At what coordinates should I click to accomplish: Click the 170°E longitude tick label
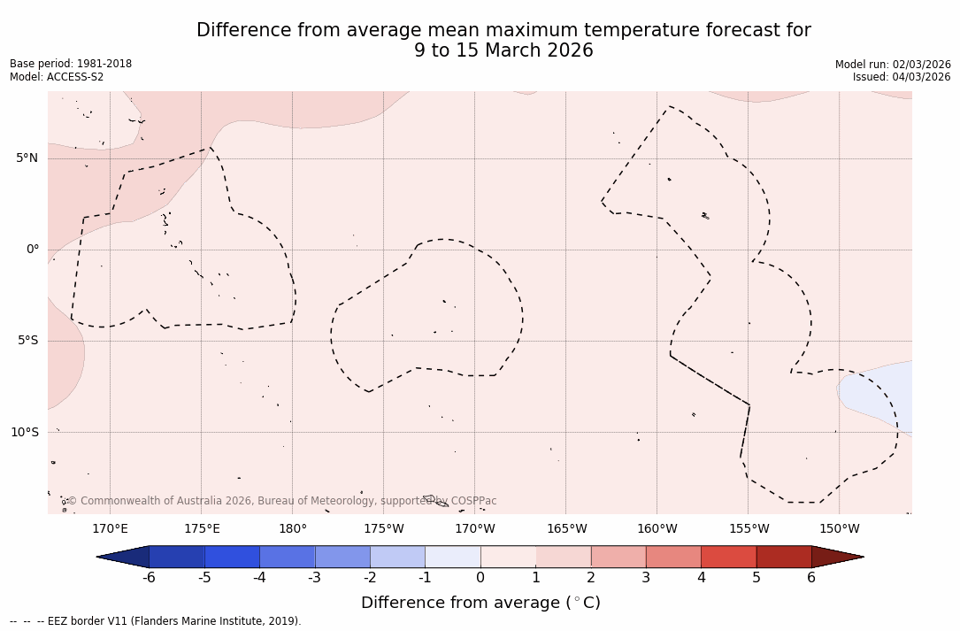110,529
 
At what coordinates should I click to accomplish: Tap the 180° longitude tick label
293,529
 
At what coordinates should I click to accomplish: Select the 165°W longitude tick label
566,529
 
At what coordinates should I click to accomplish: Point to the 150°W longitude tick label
840,529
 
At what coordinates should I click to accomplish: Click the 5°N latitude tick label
27,158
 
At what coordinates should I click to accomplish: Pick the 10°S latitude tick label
24,433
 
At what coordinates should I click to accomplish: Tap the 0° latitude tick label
32,250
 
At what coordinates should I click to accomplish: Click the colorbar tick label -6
149,578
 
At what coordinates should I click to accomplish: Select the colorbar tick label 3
646,578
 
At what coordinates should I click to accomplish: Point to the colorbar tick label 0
480,578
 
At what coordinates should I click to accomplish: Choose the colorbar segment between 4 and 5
728,557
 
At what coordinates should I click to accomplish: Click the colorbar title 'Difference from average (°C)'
480,603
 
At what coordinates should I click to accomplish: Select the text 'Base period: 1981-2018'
71,64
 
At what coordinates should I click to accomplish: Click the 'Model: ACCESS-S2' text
57,77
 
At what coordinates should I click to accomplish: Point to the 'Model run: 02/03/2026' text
893,65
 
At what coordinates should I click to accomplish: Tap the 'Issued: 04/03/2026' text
902,77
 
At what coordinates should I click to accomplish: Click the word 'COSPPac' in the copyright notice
473,501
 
